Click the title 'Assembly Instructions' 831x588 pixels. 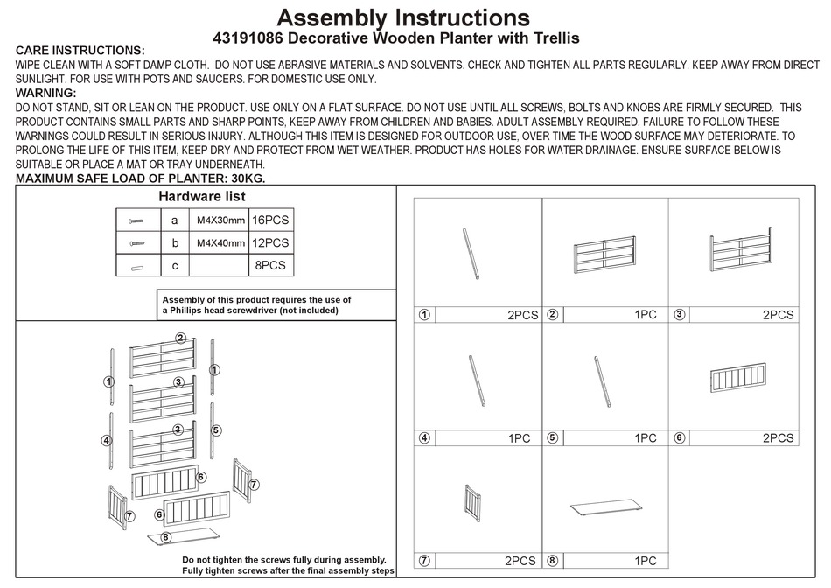pos(403,17)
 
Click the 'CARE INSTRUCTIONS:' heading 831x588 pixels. pos(80,52)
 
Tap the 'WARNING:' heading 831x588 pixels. pos(46,93)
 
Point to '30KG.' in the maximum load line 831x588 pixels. pos(245,178)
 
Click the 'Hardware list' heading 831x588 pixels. pos(201,197)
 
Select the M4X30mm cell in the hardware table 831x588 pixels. pos(220,220)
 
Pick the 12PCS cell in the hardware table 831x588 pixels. pos(270,242)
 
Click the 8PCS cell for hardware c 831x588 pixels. pos(270,265)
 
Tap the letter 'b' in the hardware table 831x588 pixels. pos(175,242)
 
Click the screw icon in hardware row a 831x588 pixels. pos(136,220)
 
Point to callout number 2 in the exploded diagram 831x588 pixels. pos(179,338)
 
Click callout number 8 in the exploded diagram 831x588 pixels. pos(166,536)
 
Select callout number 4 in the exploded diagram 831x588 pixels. pos(107,440)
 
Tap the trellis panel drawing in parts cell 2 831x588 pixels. pos(604,255)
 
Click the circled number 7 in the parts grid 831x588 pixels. pos(424,561)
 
